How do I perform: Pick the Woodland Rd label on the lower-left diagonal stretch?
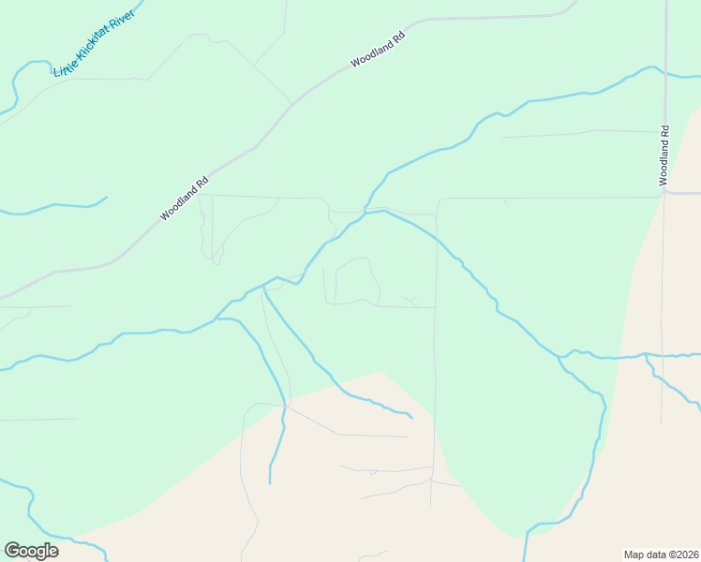[183, 199]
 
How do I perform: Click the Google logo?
[31, 551]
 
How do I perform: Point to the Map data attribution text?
[662, 554]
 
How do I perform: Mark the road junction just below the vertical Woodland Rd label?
[664, 193]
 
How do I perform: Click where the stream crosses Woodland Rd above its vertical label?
[664, 74]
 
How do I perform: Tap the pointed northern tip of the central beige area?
[380, 371]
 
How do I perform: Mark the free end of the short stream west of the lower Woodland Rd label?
[107, 197]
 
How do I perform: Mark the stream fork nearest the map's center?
[265, 284]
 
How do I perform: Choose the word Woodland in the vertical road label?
[664, 161]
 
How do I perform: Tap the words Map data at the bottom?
[644, 554]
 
